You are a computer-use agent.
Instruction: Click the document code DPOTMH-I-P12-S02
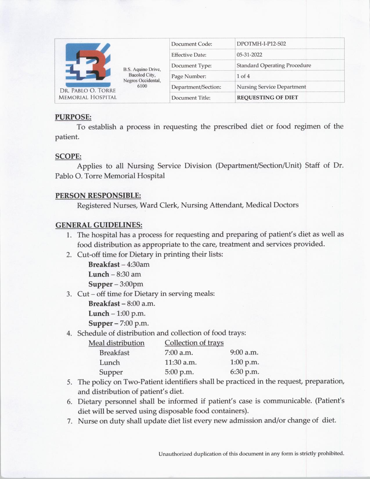[x=261, y=44]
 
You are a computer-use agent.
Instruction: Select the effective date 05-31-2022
[x=245, y=55]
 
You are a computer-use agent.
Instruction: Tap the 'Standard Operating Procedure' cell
[x=274, y=65]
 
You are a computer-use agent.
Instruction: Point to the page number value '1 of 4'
[x=243, y=76]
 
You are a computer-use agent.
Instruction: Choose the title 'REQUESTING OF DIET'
[x=267, y=98]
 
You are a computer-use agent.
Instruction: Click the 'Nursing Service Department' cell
[x=271, y=87]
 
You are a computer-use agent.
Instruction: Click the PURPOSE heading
[x=73, y=117]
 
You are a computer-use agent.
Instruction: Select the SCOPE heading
[x=68, y=156]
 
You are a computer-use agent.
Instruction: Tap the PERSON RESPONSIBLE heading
[x=98, y=195]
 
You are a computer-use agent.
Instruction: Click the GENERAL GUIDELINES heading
[x=99, y=225]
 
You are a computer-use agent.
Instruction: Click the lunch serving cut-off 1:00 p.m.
[x=131, y=314]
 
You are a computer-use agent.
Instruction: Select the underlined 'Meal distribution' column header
[x=116, y=343]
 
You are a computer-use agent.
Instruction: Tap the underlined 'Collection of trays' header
[x=194, y=343]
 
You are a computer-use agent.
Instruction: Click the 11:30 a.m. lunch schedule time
[x=181, y=362]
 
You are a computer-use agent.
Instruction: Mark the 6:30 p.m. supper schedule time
[x=244, y=372]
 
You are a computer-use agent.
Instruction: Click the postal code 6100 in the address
[x=142, y=86]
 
